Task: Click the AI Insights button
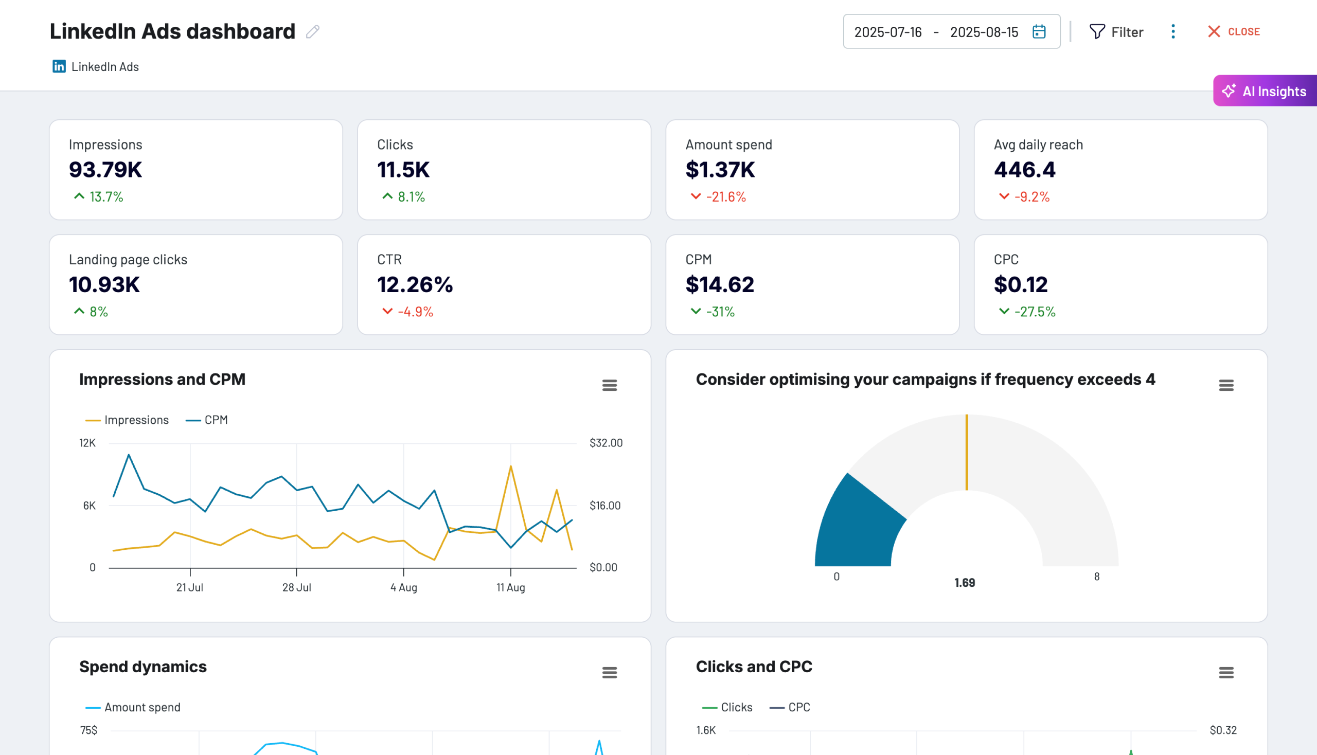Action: click(x=1265, y=91)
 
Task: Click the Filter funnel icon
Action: click(x=1096, y=32)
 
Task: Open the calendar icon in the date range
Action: click(x=1039, y=32)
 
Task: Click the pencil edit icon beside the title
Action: click(x=313, y=32)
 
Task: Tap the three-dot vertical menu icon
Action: click(x=1173, y=32)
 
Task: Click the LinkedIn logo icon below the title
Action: click(x=59, y=66)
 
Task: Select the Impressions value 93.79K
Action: click(x=105, y=170)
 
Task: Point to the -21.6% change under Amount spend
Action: click(x=725, y=197)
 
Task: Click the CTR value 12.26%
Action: click(x=415, y=285)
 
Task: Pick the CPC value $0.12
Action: click(x=1020, y=285)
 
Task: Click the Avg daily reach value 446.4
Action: click(x=1024, y=170)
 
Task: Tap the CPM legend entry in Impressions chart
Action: click(x=207, y=420)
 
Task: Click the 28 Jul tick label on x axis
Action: click(x=296, y=587)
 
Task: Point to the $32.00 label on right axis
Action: click(x=606, y=443)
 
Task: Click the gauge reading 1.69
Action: click(x=964, y=583)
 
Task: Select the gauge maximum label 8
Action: click(x=1096, y=577)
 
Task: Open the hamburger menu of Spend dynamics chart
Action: click(x=609, y=673)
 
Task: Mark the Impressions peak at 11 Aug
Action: click(x=510, y=466)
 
